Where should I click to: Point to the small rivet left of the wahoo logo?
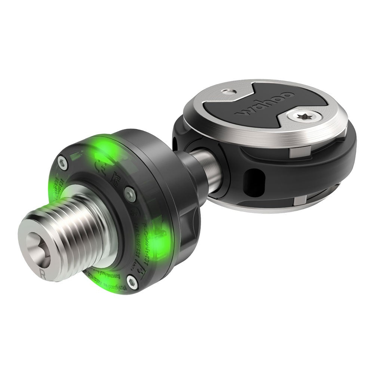(x=226, y=91)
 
